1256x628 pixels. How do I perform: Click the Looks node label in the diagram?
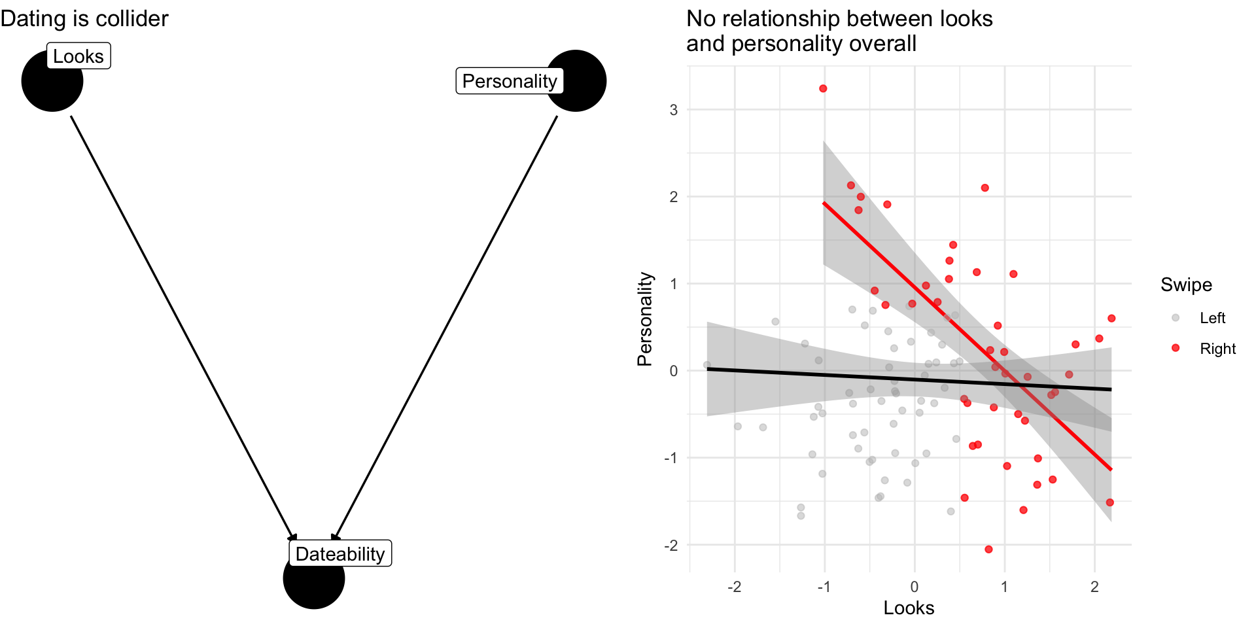[78, 56]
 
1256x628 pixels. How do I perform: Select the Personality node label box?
[509, 81]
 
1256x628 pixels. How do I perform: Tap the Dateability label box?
[340, 553]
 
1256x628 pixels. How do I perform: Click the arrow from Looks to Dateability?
[183, 327]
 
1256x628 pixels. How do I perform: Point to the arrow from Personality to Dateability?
[445, 327]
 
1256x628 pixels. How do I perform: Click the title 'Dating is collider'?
[84, 18]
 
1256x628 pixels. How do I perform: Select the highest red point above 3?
[823, 88]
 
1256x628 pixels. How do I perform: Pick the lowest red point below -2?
[988, 549]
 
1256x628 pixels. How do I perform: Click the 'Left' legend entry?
[1212, 318]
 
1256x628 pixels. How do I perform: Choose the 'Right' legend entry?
[1217, 349]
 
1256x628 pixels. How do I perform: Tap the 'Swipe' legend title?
[1186, 285]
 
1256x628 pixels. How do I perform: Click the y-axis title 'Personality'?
[645, 319]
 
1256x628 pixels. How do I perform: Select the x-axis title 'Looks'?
[909, 608]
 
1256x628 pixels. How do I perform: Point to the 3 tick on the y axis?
[673, 110]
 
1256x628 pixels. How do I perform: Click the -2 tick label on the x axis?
[734, 587]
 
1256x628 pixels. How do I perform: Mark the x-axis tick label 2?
[1094, 587]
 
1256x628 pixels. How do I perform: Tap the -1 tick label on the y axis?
[671, 458]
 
